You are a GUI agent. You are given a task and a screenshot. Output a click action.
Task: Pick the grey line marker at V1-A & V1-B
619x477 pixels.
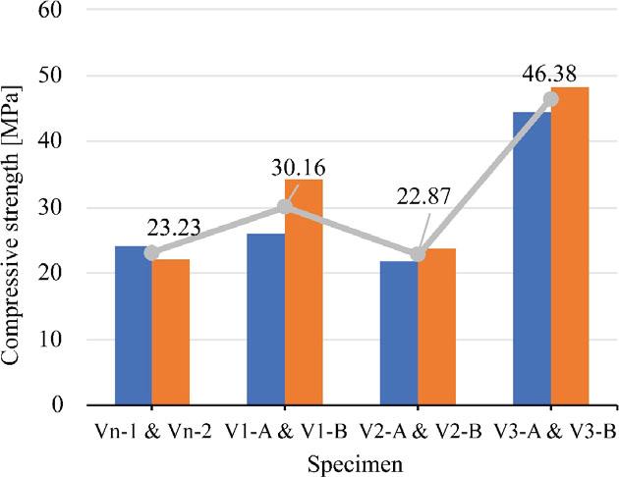[x=285, y=206]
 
